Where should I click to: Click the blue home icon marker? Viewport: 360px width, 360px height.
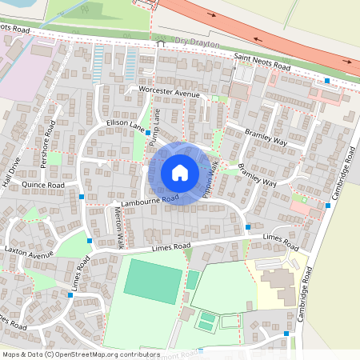coord(180,172)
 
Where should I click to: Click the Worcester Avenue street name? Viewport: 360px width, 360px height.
coord(168,92)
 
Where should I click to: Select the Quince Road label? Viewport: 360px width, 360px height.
coord(43,185)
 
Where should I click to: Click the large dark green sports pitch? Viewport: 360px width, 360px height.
coord(153,281)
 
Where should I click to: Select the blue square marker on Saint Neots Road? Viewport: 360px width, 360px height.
coord(327,81)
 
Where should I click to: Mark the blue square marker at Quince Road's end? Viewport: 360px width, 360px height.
coord(82,196)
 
